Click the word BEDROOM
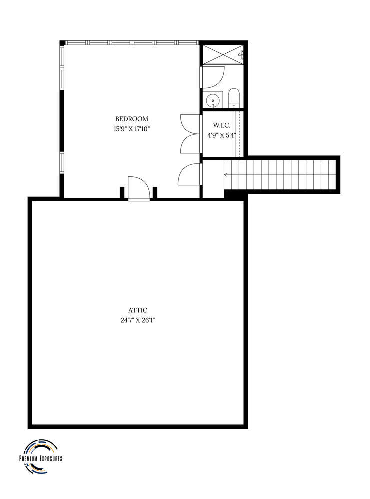tap(132, 119)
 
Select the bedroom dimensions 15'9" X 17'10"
tap(132, 129)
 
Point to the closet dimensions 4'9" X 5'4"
tap(221, 134)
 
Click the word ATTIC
tap(137, 310)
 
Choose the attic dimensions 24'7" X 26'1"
tap(137, 320)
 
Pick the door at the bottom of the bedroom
tap(139, 188)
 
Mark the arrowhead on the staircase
tap(226, 175)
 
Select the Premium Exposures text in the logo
tap(40, 458)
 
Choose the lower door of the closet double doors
tap(190, 144)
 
